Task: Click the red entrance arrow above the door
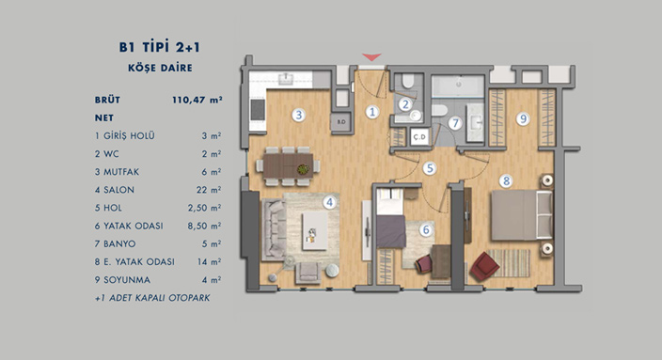[x=371, y=56]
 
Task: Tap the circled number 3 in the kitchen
[x=298, y=115]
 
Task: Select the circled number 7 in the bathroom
[x=455, y=123]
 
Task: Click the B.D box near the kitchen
[x=341, y=122]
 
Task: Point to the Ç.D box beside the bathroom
[x=419, y=136]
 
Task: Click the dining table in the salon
[x=288, y=165]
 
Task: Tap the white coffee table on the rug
[x=314, y=230]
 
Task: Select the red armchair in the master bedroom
[x=484, y=266]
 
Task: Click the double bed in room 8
[x=522, y=215]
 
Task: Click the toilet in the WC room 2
[x=407, y=82]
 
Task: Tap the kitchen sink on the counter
[x=286, y=79]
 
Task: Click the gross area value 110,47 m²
[x=197, y=100]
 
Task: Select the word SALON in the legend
[x=119, y=190]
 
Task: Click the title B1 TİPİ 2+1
[x=160, y=47]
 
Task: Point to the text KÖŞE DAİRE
[x=161, y=68]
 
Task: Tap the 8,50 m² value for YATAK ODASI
[x=204, y=226]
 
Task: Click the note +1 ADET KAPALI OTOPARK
[x=152, y=298]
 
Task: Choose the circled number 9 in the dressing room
[x=523, y=119]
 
